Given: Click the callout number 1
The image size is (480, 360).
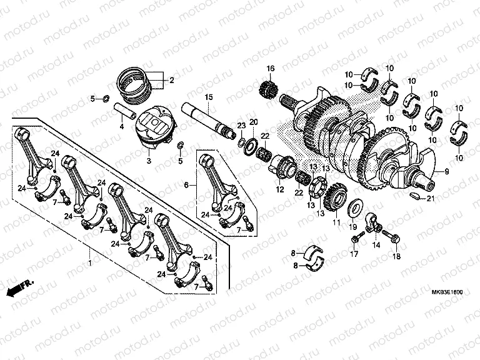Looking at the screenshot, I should (89, 264).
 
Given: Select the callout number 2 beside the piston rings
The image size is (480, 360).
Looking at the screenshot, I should (171, 80).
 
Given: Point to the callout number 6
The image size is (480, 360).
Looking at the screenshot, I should (186, 185).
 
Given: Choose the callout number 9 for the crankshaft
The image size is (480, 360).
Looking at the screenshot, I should (447, 171).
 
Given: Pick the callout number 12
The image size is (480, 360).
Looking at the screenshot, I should (279, 189).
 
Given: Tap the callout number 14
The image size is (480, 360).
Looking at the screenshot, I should (376, 246).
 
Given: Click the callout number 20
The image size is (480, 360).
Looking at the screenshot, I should (253, 121).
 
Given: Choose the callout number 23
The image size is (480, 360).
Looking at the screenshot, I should (241, 126).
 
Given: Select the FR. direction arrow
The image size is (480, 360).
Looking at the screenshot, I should (19, 287).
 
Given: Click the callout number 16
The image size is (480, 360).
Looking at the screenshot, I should (271, 68).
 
